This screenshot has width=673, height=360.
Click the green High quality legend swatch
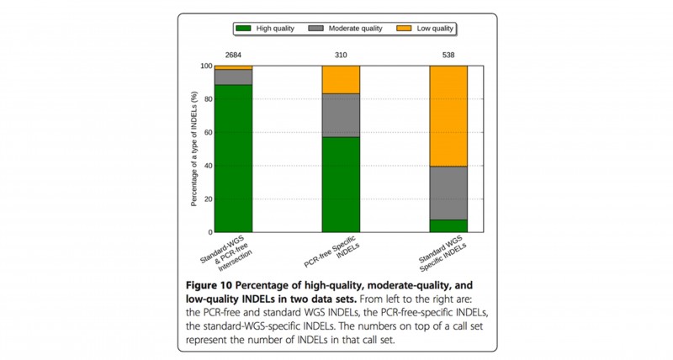[x=244, y=28]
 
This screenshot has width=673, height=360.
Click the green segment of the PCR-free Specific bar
[x=341, y=184]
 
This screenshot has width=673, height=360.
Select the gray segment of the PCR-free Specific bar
[x=341, y=115]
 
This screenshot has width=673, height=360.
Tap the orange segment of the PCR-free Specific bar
[x=341, y=79]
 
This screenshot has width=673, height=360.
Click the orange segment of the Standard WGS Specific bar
[x=448, y=116]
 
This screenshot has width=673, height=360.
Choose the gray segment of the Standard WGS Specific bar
[x=448, y=193]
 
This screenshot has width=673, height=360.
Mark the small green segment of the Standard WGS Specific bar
[x=448, y=225]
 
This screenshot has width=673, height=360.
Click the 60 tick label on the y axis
[x=207, y=132]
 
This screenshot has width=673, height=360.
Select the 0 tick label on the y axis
[x=209, y=232]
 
